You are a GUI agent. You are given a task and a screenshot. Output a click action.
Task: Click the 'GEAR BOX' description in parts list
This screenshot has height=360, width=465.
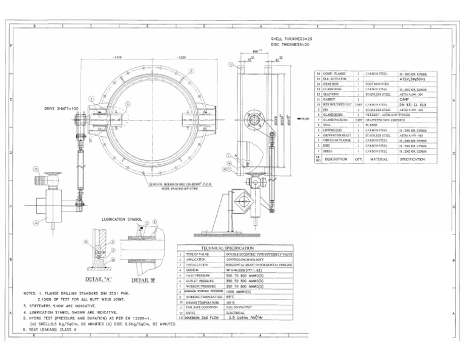(331, 84)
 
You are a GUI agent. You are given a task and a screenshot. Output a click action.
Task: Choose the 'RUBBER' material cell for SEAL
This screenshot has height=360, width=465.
(371, 125)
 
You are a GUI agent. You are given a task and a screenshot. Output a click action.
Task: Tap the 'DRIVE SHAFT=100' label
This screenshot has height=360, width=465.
(62, 108)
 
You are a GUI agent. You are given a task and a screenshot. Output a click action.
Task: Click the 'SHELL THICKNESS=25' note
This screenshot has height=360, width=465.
(291, 38)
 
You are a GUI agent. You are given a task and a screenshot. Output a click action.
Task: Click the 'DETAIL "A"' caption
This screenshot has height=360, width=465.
(99, 279)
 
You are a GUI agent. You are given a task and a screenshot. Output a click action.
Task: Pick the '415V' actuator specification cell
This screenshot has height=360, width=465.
(414, 78)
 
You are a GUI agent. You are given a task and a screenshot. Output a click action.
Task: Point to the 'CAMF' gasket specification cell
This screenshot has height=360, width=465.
(405, 99)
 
